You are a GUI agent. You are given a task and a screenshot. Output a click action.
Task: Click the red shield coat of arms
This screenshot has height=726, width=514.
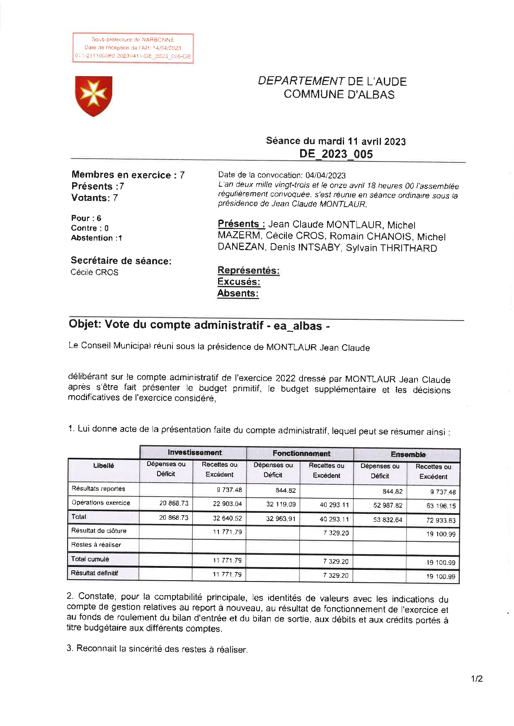(94, 96)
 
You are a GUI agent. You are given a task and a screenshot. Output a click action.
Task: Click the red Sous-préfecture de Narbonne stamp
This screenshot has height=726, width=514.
(133, 48)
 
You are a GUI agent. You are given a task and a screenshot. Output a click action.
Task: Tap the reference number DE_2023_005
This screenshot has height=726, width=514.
(336, 154)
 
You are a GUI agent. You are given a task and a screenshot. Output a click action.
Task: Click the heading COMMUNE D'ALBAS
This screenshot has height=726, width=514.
(339, 94)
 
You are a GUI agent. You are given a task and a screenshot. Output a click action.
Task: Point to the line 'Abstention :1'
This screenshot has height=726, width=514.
(97, 238)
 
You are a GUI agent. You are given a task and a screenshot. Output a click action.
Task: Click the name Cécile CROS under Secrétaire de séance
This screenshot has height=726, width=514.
(95, 273)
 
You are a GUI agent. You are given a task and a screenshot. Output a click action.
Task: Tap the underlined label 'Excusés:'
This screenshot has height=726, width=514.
(239, 282)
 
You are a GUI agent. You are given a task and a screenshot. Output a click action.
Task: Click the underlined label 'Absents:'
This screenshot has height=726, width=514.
(238, 294)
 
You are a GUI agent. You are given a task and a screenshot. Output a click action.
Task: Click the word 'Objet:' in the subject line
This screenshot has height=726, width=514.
(85, 324)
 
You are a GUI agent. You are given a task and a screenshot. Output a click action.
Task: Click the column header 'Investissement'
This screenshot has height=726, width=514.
(194, 453)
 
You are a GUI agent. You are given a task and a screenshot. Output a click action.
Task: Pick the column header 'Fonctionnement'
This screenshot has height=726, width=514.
(301, 453)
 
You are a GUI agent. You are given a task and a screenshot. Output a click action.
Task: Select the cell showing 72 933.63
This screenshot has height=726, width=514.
(440, 521)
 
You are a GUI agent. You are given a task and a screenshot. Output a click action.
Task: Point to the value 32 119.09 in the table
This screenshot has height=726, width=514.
(280, 504)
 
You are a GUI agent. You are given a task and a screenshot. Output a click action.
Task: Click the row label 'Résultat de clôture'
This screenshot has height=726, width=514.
(99, 531)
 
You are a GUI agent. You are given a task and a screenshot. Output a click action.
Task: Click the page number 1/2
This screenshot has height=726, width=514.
(476, 679)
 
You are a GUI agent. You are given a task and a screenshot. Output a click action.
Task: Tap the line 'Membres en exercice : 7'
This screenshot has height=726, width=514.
(128, 175)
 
